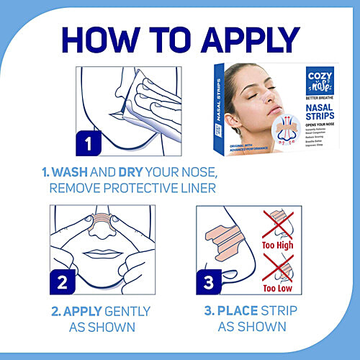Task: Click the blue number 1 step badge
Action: click(x=87, y=143)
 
